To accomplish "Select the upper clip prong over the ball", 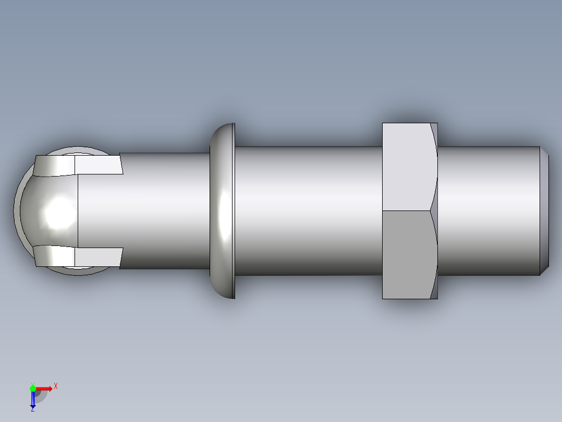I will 78,165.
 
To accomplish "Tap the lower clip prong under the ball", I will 78,256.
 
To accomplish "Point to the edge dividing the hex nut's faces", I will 407,210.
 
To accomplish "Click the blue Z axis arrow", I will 33,399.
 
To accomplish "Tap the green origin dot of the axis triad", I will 33,388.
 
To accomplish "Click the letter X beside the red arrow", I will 55,386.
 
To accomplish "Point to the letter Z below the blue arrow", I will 32,409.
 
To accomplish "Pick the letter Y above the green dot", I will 32,383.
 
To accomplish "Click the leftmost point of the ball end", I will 14,212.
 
